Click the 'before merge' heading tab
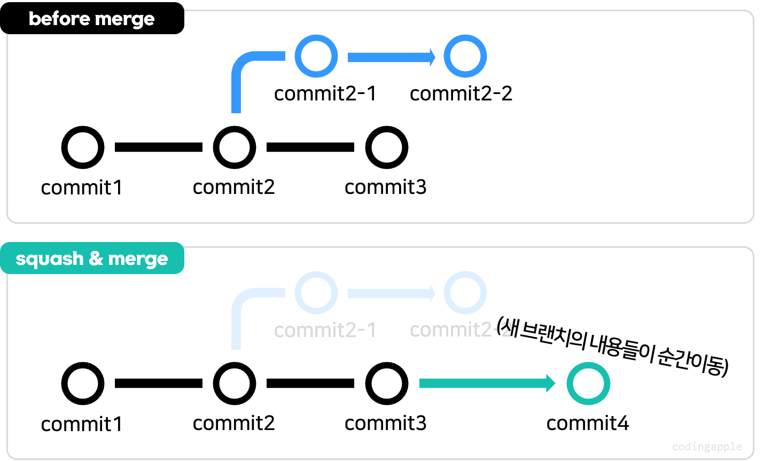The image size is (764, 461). (91, 19)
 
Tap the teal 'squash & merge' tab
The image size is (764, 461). (92, 259)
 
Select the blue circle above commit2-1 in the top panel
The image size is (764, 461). (316, 56)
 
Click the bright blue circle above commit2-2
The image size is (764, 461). (465, 56)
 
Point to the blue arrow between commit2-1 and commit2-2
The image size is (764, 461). (391, 57)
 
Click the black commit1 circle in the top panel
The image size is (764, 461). (83, 147)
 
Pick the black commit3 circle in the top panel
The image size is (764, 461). (386, 147)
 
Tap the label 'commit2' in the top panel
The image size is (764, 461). (233, 187)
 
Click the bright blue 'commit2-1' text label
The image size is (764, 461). (325, 93)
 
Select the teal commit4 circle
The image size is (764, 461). (588, 384)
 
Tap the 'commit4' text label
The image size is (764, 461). (587, 424)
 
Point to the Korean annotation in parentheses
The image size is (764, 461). (612, 347)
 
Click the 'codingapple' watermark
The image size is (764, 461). (706, 447)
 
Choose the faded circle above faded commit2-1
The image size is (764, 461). (316, 293)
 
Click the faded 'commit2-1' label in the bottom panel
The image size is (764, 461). (325, 330)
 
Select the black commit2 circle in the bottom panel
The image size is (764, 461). (234, 384)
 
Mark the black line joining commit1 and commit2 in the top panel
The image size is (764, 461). (159, 147)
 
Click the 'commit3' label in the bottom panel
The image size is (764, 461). (385, 424)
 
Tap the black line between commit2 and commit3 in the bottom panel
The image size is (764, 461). (310, 384)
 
